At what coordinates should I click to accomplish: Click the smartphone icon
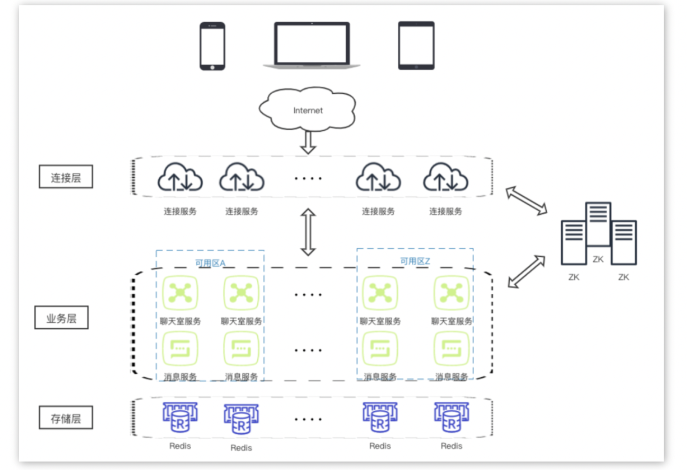pyautogui.click(x=212, y=46)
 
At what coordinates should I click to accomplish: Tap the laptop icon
pyautogui.click(x=312, y=46)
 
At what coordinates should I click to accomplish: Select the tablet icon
pyautogui.click(x=416, y=46)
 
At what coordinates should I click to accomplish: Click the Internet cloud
pyautogui.click(x=308, y=109)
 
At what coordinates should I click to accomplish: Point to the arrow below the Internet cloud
pyautogui.click(x=308, y=143)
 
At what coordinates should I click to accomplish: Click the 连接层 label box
pyautogui.click(x=66, y=177)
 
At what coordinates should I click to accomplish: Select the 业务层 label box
pyautogui.click(x=61, y=318)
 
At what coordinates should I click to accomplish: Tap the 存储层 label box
pyautogui.click(x=66, y=418)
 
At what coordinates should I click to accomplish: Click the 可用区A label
pyautogui.click(x=210, y=263)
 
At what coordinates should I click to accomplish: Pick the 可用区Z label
pyautogui.click(x=415, y=261)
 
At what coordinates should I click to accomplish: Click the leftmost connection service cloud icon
pyautogui.click(x=180, y=177)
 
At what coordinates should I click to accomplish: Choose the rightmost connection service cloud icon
pyautogui.click(x=446, y=177)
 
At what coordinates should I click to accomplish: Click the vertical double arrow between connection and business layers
pyautogui.click(x=308, y=232)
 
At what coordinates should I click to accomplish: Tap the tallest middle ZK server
pyautogui.click(x=598, y=224)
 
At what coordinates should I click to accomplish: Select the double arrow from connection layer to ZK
pyautogui.click(x=526, y=201)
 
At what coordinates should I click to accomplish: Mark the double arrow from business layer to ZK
pyautogui.click(x=526, y=272)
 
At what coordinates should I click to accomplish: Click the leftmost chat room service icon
pyautogui.click(x=180, y=293)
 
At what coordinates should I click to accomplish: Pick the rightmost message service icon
pyautogui.click(x=451, y=348)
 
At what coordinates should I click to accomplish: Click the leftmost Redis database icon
pyautogui.click(x=180, y=418)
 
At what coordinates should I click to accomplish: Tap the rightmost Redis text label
pyautogui.click(x=451, y=446)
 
